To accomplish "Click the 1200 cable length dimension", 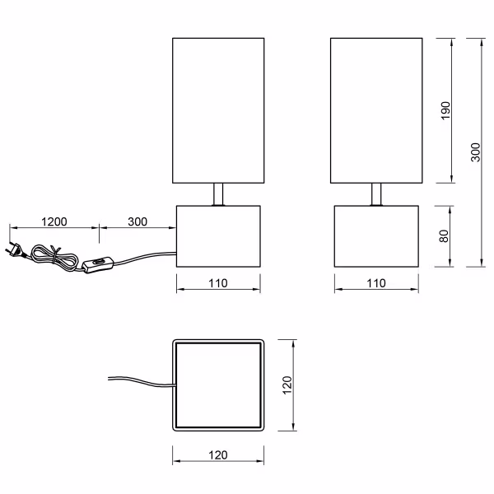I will (54, 221).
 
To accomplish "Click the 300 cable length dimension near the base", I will (137, 221).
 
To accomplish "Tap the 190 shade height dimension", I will (446, 110).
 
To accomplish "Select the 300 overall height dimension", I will (475, 152).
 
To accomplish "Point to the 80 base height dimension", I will (445, 235).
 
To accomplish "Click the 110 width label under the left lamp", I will (218, 282).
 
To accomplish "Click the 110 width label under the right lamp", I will (375, 282).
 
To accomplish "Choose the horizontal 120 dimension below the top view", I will (217, 455).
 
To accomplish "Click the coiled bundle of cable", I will (47, 254).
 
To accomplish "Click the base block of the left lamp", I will (218, 235).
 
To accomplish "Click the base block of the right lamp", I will (375, 235).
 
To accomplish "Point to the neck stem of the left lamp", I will (218, 193).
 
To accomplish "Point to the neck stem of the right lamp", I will (375, 193).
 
